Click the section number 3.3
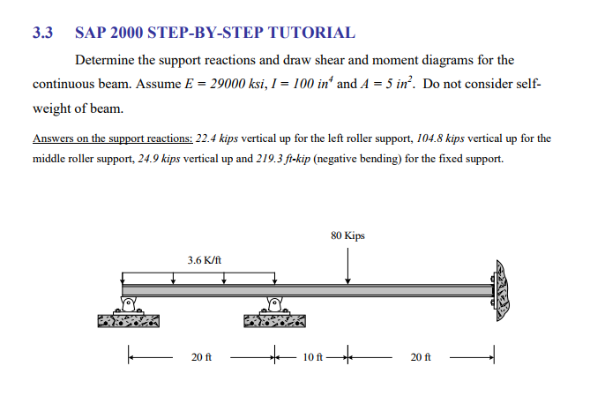coord(42,34)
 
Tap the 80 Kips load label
coord(348,235)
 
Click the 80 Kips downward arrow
coord(348,265)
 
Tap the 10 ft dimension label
coord(313,357)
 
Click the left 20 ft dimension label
coord(201,357)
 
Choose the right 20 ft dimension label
coord(422,357)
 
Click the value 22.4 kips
coord(215,138)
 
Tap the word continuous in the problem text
coord(63,85)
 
